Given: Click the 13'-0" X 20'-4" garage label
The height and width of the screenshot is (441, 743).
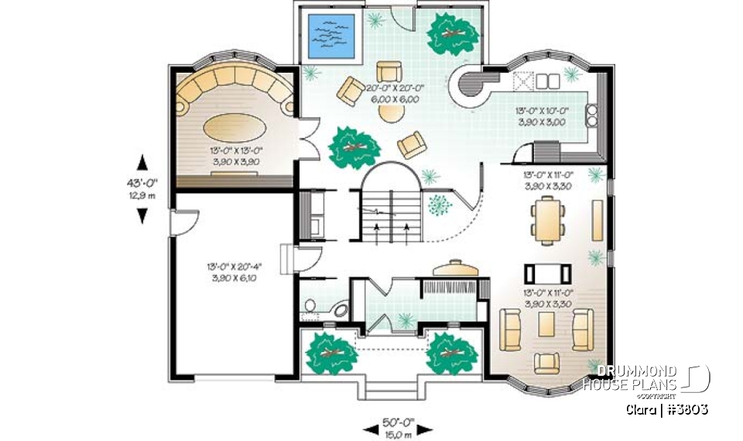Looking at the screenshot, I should tap(233, 272).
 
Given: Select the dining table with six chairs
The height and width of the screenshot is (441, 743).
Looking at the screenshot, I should tap(547, 219).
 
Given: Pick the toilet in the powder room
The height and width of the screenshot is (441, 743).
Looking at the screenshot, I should tap(310, 308).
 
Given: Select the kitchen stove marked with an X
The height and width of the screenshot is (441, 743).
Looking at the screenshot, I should tap(523, 80).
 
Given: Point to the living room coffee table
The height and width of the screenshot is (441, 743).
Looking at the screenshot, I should tap(546, 323).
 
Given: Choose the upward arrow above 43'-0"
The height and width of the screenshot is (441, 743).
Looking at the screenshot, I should tap(142, 162).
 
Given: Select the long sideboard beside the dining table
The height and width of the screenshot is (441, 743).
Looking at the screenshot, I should tap(597, 219).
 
